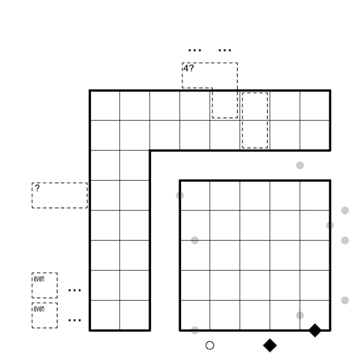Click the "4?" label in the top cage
pos(189,69)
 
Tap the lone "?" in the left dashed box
pos(37,188)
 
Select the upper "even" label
pos(39,279)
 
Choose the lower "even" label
pos(39,309)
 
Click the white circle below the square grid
pos(209,345)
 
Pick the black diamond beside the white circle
pos(270,345)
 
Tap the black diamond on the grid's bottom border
pos(315,330)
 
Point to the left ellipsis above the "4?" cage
pos(195,50)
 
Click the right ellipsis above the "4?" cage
pos(224,50)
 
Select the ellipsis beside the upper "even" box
pos(74,291)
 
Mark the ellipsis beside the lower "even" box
pos(74,321)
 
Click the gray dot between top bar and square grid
pos(300,165)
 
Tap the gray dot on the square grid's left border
pos(179,195)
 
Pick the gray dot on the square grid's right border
pos(330,225)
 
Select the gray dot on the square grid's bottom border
pos(194,330)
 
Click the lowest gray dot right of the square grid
pos(345,300)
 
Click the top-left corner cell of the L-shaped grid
pos(105,105)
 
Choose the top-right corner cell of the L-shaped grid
pos(315,105)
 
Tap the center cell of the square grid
pos(255,255)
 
